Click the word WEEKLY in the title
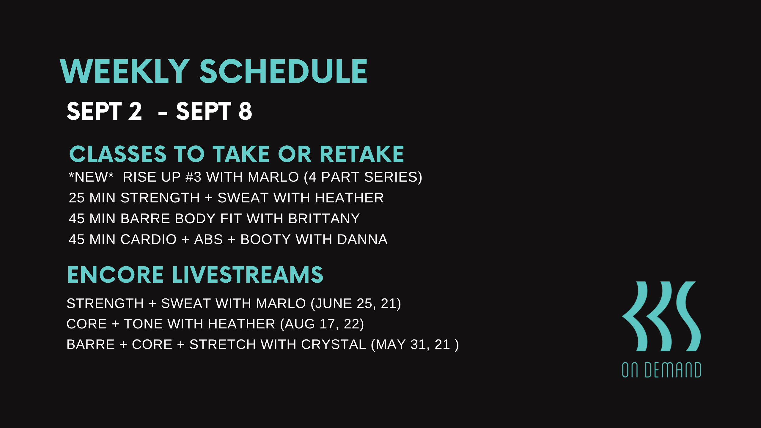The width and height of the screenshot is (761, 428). [125, 71]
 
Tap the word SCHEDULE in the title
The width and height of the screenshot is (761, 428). [283, 71]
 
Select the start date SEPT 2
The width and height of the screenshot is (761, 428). [104, 111]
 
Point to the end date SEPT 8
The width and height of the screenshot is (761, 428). [214, 111]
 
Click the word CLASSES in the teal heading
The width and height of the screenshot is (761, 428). [118, 154]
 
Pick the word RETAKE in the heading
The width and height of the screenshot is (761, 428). [362, 154]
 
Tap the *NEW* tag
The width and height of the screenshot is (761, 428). [91, 177]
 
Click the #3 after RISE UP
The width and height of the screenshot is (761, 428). [193, 177]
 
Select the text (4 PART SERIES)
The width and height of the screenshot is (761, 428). [363, 177]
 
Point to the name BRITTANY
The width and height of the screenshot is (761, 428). [324, 218]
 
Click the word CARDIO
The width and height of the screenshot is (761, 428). [149, 239]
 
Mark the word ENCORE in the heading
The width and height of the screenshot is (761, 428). [115, 275]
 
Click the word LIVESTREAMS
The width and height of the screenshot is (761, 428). [248, 275]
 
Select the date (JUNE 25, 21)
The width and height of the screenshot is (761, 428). [356, 303]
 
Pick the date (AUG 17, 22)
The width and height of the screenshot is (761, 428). [322, 324]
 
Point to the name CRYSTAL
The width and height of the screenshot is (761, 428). [333, 344]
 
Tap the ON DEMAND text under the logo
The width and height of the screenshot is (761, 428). [661, 370]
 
